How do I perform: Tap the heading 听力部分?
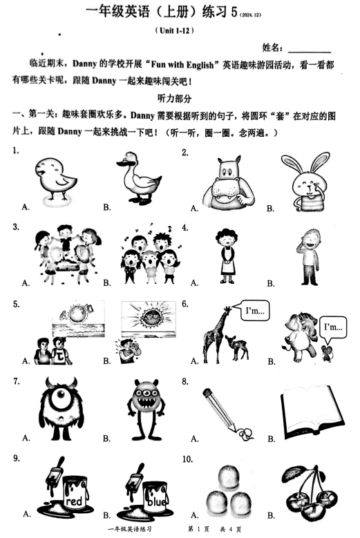pos(174,98)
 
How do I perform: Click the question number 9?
pos(15,459)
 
